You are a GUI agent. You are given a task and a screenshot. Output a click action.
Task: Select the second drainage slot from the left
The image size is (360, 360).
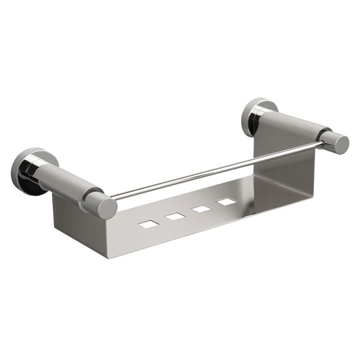[176, 217]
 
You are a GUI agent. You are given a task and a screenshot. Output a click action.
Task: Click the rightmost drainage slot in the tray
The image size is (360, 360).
[227, 202]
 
